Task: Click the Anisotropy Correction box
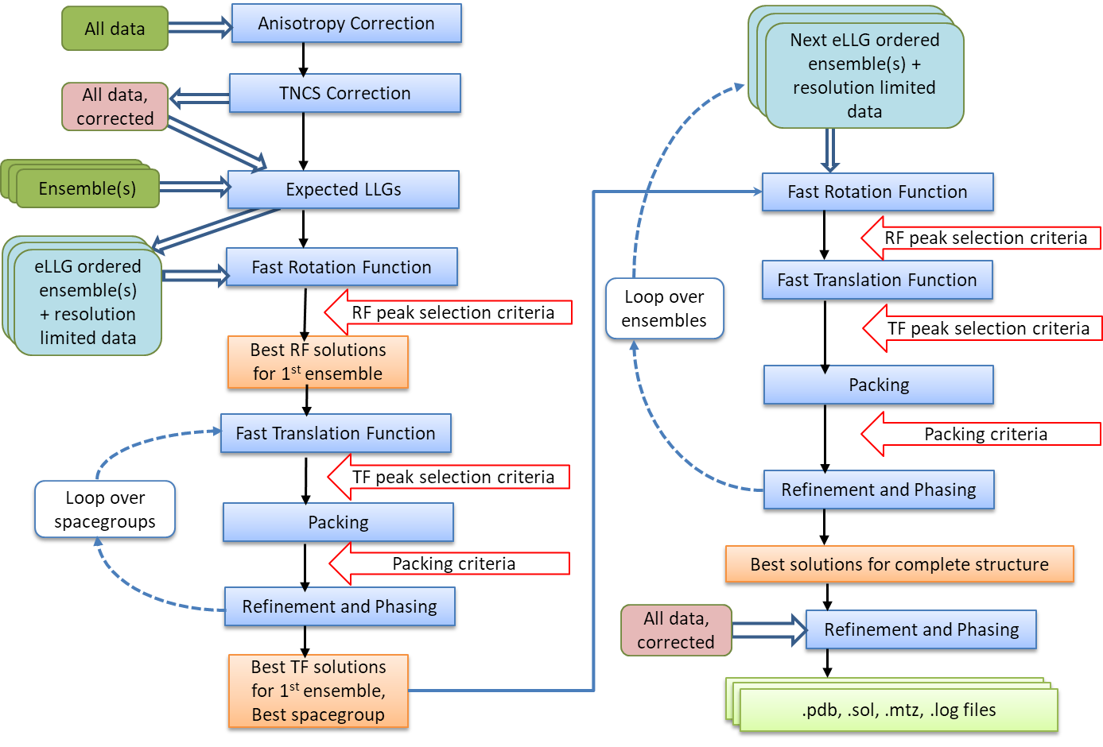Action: [x=346, y=23]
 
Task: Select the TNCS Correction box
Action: [x=344, y=93]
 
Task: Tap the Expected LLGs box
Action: [x=343, y=189]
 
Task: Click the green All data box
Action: [x=115, y=29]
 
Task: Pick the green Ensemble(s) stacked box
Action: [x=87, y=188]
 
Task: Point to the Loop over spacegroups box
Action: [x=105, y=509]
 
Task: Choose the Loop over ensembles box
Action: [x=664, y=308]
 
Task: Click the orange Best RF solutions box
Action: [x=317, y=362]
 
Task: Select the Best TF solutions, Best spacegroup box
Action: [x=318, y=691]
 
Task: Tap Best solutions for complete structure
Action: [x=899, y=564]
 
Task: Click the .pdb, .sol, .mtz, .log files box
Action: [x=899, y=710]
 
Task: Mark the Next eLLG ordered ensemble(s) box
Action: [x=864, y=75]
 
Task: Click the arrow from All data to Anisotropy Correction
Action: [x=199, y=28]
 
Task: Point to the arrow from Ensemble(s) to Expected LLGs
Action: [x=194, y=188]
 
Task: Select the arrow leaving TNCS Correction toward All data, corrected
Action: [x=199, y=99]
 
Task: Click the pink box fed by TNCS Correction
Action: [x=115, y=106]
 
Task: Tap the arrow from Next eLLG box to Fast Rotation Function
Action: [x=829, y=149]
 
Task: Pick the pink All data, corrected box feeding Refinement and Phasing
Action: [x=675, y=630]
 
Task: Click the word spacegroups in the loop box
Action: [x=105, y=522]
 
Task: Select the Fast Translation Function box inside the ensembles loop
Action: [x=876, y=280]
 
